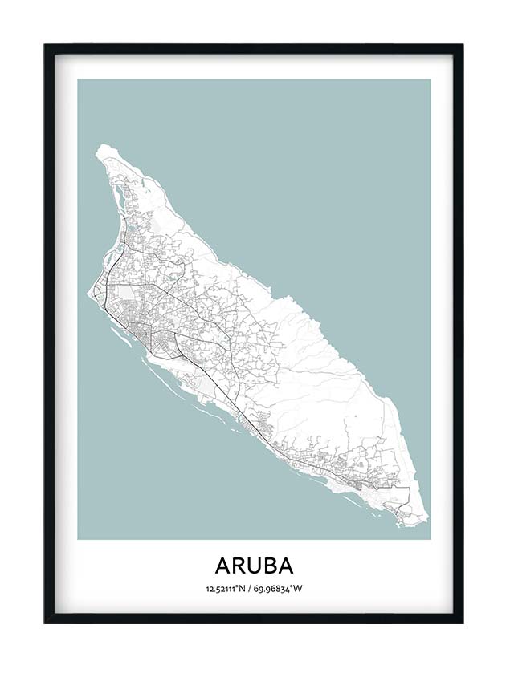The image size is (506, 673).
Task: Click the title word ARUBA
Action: [254, 565]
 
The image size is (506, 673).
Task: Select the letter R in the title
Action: [239, 565]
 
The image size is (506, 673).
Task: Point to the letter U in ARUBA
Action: [255, 565]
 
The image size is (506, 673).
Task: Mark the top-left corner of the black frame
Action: [45, 45]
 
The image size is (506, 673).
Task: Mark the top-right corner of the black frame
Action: [463, 45]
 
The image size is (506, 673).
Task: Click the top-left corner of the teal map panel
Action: [78, 79]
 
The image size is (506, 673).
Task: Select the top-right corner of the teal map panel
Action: [430, 79]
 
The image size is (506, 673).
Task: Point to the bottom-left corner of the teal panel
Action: [78, 538]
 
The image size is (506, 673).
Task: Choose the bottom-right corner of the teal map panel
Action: [430, 538]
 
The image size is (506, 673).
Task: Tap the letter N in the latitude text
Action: [243, 589]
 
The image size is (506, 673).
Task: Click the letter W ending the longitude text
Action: [298, 589]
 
